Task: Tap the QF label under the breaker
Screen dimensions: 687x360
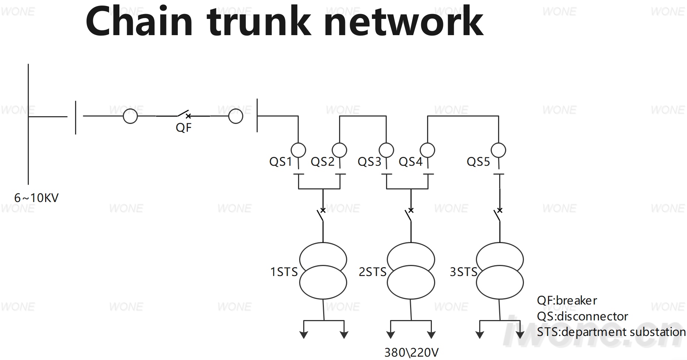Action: [x=184, y=128]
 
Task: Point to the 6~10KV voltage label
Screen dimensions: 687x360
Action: [x=36, y=198]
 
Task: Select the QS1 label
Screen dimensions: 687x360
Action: [x=281, y=162]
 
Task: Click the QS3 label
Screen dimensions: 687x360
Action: [x=369, y=162]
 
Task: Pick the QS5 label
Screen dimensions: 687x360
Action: [x=478, y=162]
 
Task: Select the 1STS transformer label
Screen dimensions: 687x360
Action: [x=284, y=272]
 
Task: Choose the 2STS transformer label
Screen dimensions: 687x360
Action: [x=372, y=272]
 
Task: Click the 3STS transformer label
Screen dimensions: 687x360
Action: [x=463, y=272]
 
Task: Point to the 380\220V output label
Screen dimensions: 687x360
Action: [x=412, y=353]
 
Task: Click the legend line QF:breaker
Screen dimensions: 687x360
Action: [x=567, y=300]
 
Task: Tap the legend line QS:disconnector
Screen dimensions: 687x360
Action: [x=582, y=316]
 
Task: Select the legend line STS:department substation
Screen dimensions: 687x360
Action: [x=611, y=332]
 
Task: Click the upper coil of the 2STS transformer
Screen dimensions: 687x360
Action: [x=411, y=243]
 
